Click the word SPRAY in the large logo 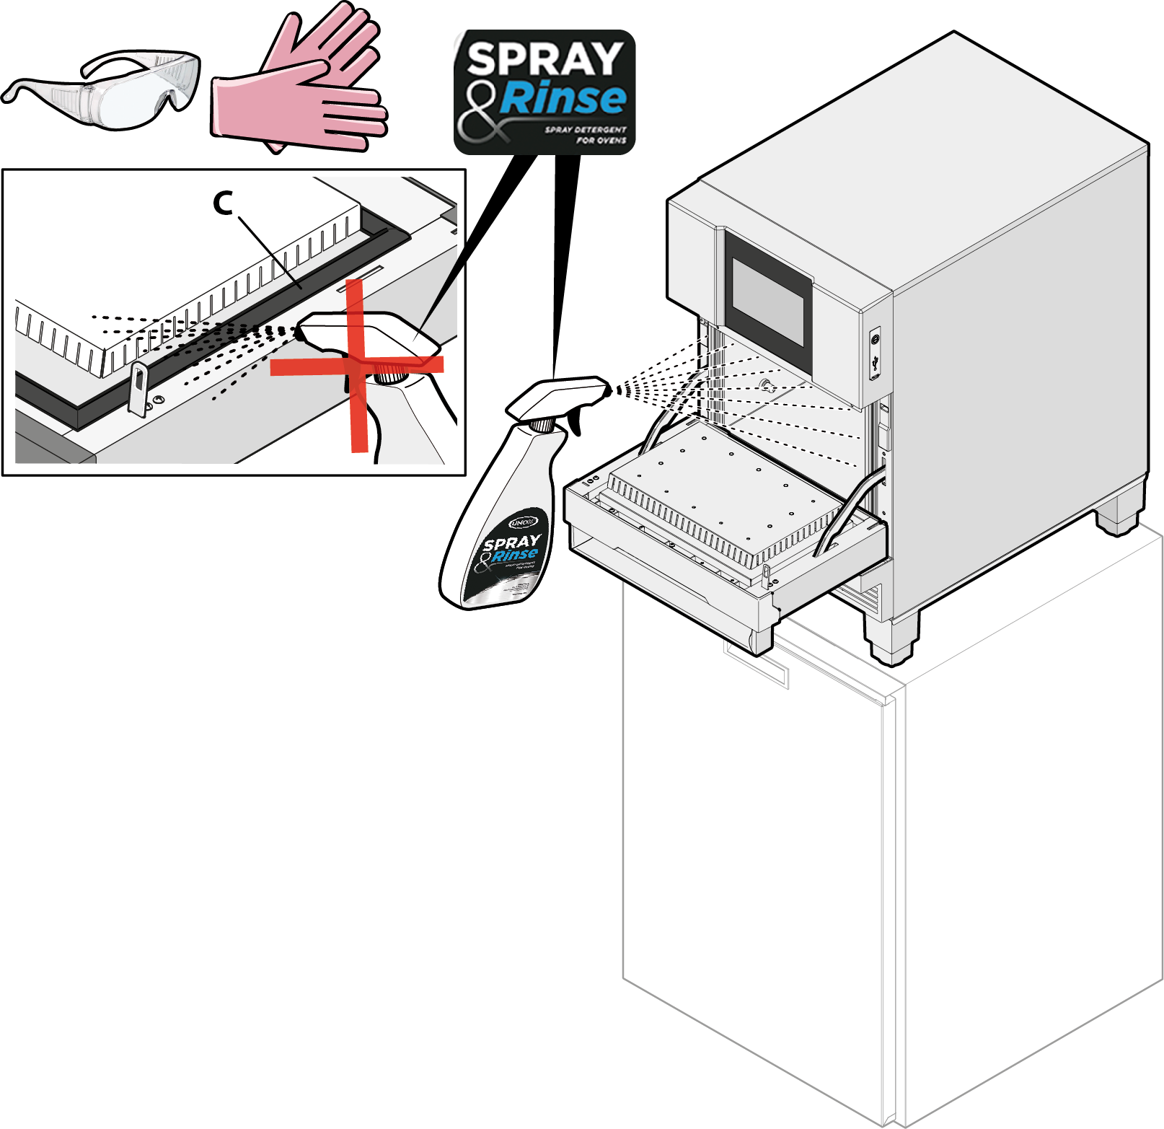pos(544,59)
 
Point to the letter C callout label pos(224,204)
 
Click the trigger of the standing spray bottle pos(574,423)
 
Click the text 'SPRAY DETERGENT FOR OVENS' pos(586,135)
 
